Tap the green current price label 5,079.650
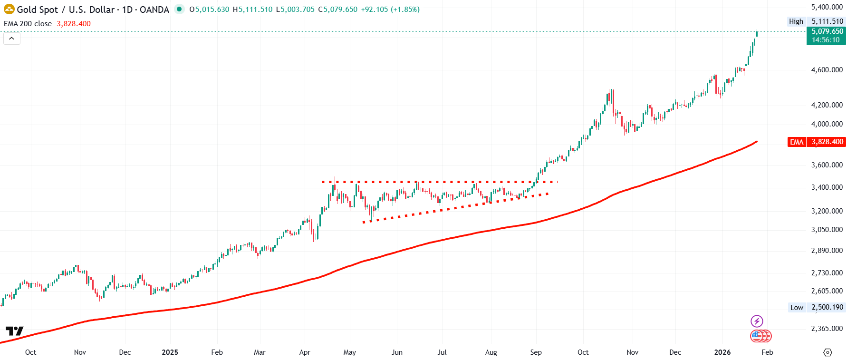click(x=827, y=32)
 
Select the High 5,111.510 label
click(x=816, y=21)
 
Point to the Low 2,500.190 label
click(x=817, y=307)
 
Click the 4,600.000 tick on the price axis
click(x=827, y=70)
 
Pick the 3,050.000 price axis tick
click(x=827, y=230)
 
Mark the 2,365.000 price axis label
click(x=827, y=329)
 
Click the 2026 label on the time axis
click(x=722, y=352)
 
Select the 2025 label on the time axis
click(x=170, y=352)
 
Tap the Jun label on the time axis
click(x=397, y=352)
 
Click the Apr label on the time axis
click(x=305, y=352)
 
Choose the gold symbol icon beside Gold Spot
click(x=9, y=9)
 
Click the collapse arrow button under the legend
click(x=12, y=39)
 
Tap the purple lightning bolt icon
click(x=757, y=321)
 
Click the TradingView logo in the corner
click(x=14, y=331)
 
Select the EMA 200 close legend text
click(x=28, y=24)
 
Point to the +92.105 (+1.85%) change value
click(x=390, y=10)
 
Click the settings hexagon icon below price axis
click(x=828, y=352)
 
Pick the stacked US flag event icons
click(x=760, y=336)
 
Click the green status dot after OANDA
click(x=179, y=9)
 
